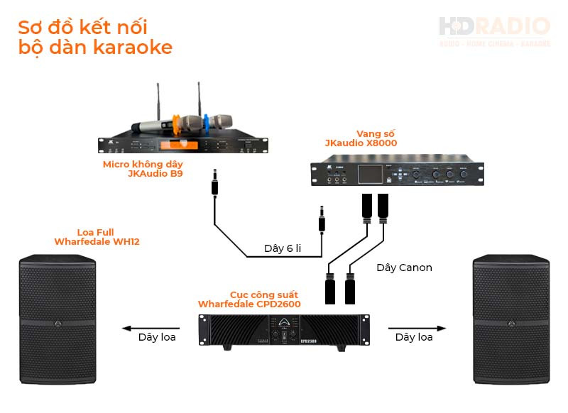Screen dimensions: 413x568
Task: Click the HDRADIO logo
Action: click(494, 31)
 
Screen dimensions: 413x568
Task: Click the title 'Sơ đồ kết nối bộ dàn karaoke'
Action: click(95, 38)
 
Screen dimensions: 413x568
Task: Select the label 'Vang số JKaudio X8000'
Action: click(361, 138)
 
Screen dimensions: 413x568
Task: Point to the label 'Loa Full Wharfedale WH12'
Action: click(97, 238)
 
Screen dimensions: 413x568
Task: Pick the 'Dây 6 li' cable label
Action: click(283, 248)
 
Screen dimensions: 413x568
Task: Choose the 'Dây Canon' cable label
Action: click(404, 268)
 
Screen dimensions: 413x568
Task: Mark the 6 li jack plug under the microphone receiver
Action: click(213, 186)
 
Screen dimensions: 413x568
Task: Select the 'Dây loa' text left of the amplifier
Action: click(157, 337)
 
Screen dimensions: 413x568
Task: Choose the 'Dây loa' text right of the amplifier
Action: click(414, 337)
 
